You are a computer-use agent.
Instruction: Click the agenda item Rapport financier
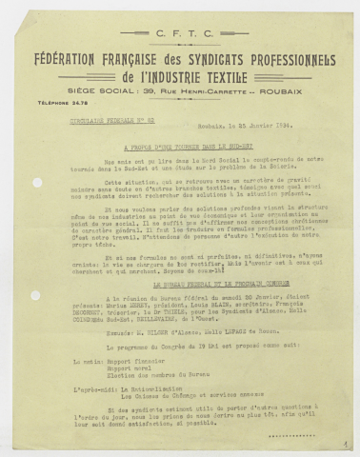[134, 361]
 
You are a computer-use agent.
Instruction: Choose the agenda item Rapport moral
[129, 368]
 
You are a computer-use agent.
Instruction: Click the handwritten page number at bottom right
[342, 443]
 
